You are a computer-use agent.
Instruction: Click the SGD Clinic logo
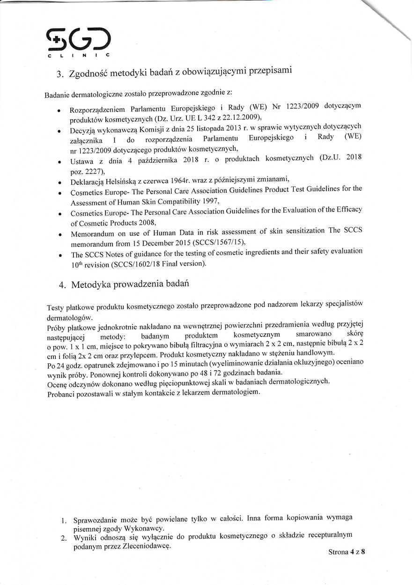coord(78,42)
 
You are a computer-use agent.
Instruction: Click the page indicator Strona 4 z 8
coord(347,552)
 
